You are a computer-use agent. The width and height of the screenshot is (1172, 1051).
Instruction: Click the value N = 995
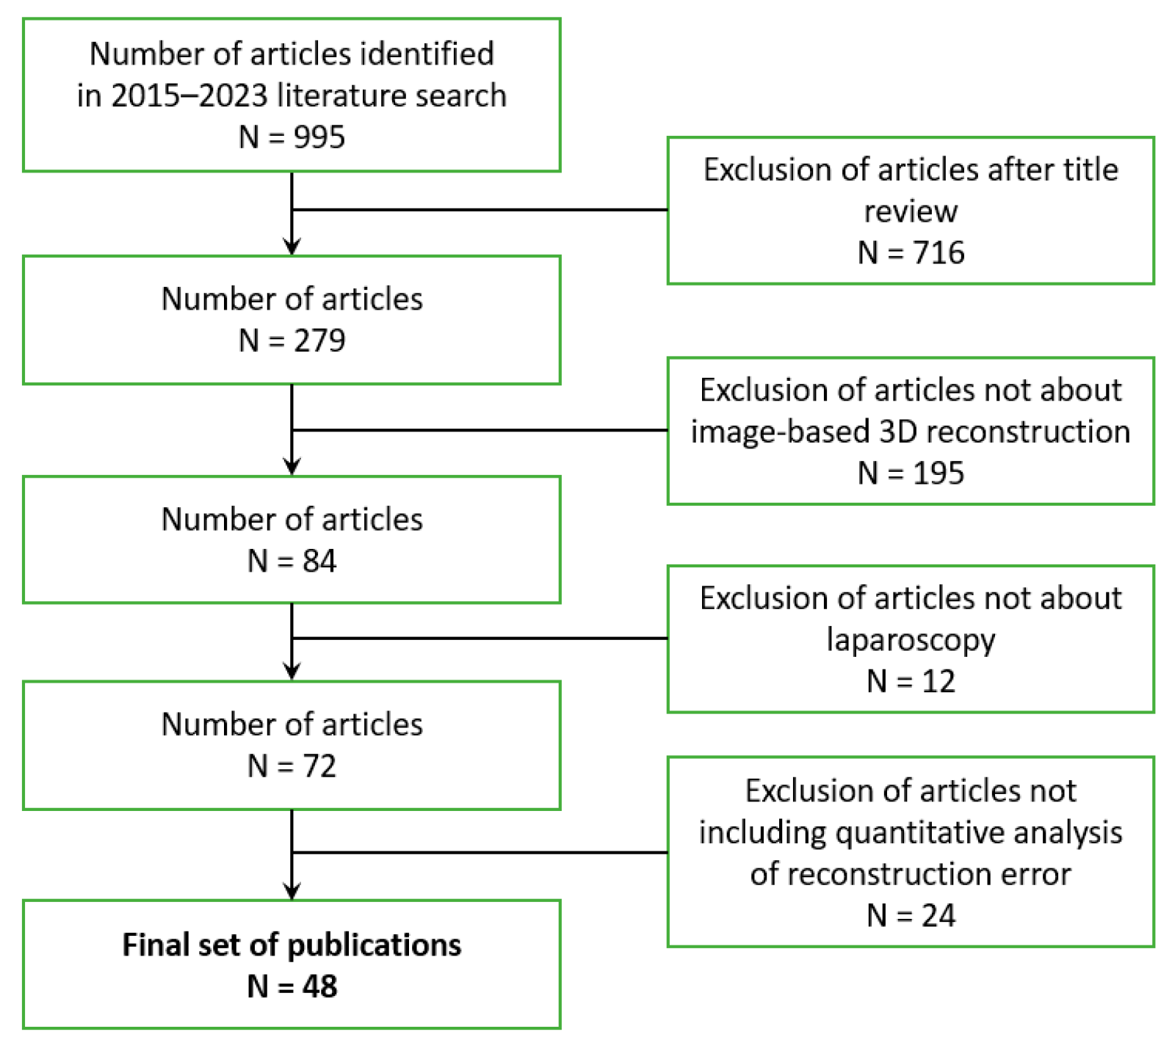point(292,137)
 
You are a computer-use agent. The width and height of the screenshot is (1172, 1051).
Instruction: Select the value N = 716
point(911,252)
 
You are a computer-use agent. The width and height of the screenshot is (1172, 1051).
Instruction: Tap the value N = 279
point(292,341)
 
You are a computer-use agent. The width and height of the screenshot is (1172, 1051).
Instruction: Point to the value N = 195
point(911,473)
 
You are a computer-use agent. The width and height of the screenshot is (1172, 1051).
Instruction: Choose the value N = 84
point(292,561)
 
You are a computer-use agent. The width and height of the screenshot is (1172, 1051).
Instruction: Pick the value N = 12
point(911,681)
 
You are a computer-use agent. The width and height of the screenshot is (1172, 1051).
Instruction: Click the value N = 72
point(292,766)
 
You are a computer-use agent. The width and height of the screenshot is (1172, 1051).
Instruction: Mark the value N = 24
point(911,915)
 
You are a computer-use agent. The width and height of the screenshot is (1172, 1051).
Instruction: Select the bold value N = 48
point(292,986)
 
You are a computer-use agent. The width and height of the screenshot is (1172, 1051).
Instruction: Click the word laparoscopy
point(911,640)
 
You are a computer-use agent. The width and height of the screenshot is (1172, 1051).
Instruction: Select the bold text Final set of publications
point(292,945)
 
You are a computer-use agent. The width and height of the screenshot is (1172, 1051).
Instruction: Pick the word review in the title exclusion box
point(911,211)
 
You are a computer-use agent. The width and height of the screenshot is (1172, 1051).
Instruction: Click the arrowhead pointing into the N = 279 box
point(292,247)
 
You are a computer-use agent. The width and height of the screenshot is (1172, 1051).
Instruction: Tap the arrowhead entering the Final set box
point(292,892)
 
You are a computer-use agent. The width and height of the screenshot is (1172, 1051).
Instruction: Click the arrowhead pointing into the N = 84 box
point(292,468)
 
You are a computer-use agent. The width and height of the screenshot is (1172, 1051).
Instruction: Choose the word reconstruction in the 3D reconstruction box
point(1024,432)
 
